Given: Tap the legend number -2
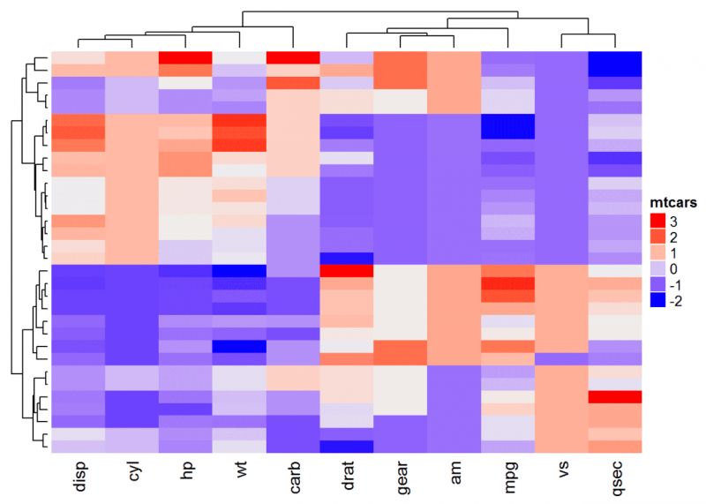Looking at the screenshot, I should point(675,301).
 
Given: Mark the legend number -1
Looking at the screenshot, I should point(675,285).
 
